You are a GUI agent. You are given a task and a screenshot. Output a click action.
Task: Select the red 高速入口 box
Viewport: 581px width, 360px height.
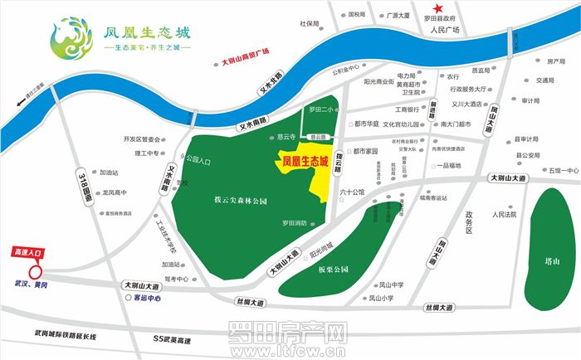tap(28, 250)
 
